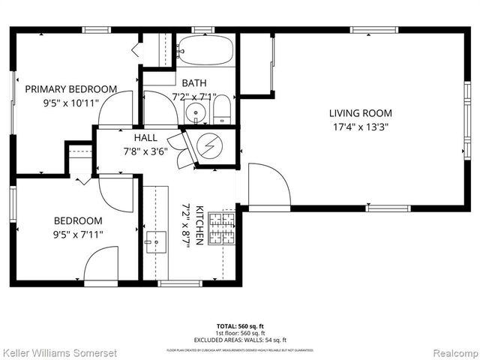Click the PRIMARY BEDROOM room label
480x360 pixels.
click(x=71, y=89)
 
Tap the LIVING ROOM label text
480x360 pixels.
click(x=360, y=113)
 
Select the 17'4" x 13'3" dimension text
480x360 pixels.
click(x=360, y=127)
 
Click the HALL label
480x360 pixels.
click(x=145, y=139)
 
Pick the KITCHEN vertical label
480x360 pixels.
click(x=199, y=225)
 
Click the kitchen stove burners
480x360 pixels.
click(x=222, y=228)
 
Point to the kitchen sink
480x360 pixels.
click(x=156, y=242)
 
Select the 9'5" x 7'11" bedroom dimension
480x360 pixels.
click(x=78, y=234)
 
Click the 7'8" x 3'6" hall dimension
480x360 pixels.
click(x=145, y=151)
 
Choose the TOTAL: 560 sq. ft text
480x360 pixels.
click(x=239, y=326)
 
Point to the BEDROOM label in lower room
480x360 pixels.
click(x=78, y=220)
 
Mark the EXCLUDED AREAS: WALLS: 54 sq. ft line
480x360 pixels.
click(x=239, y=338)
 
